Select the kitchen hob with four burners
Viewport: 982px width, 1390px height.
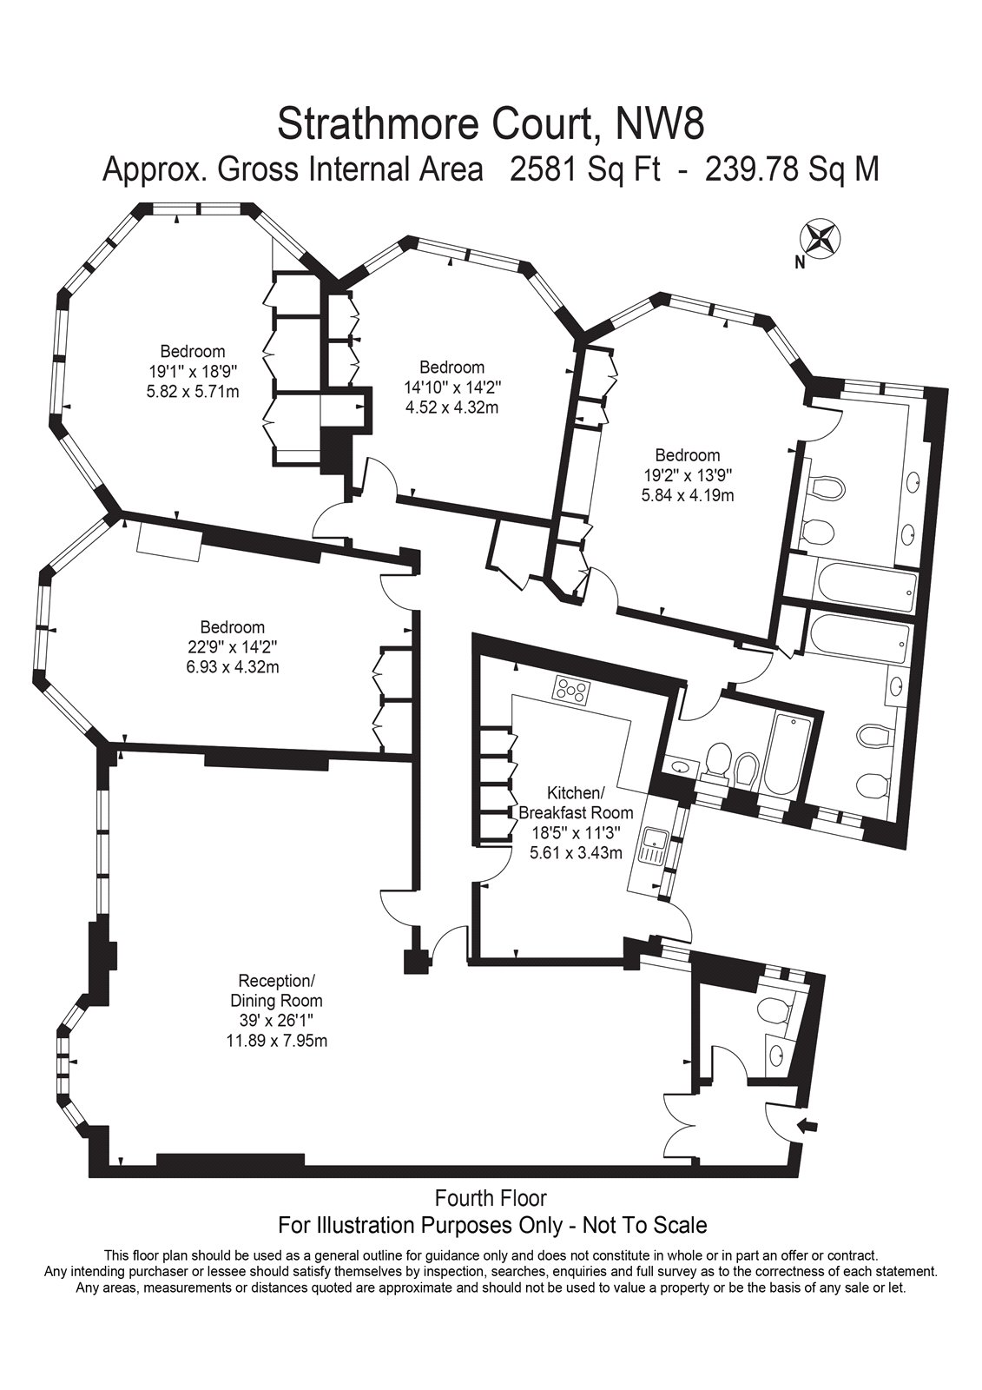pyautogui.click(x=572, y=689)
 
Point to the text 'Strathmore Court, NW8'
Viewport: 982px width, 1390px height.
pyautogui.click(x=491, y=123)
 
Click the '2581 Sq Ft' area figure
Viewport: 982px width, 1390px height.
pyautogui.click(x=585, y=170)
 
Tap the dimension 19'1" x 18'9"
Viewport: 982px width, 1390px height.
pyautogui.click(x=193, y=372)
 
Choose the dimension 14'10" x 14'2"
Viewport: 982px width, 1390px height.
pyautogui.click(x=452, y=387)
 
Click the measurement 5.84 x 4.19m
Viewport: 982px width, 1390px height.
pyautogui.click(x=688, y=495)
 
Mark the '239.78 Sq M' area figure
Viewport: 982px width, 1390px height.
pyautogui.click(x=792, y=170)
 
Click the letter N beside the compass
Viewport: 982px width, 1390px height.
pyautogui.click(x=801, y=263)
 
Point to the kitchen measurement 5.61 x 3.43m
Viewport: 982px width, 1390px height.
pyautogui.click(x=576, y=852)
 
